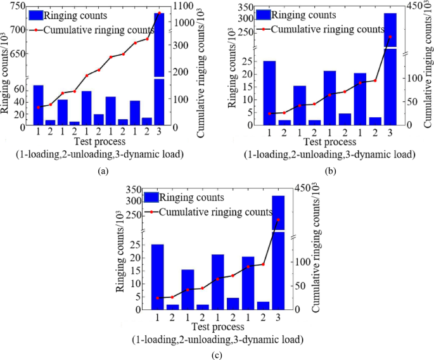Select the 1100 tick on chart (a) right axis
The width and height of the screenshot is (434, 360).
click(x=181, y=6)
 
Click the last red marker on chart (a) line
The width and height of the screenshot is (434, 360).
click(x=159, y=13)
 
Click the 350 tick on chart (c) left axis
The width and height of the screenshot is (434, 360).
click(x=133, y=190)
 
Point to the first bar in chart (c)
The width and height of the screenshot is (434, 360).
click(x=157, y=276)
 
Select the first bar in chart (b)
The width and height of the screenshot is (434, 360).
click(x=269, y=93)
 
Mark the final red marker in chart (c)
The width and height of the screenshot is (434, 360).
click(x=278, y=220)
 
